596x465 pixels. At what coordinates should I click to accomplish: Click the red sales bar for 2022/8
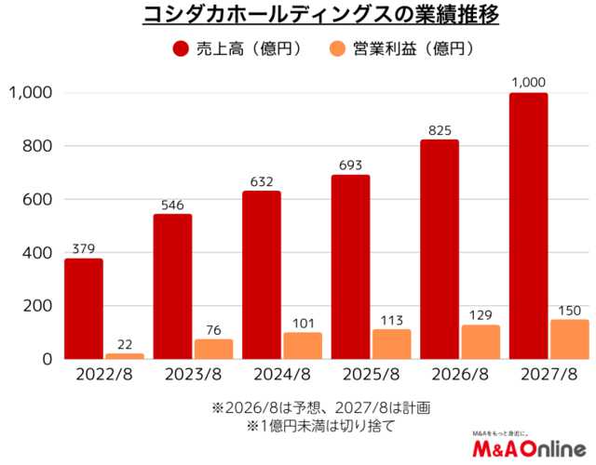(84, 309)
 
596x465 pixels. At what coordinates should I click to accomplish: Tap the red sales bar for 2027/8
(529, 226)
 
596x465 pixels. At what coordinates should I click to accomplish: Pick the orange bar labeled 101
(303, 345)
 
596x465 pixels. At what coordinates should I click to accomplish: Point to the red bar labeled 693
(351, 267)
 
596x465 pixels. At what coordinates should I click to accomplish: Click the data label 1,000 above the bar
(529, 83)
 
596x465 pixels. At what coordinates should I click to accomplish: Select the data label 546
(172, 204)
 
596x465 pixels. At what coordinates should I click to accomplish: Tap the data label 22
(124, 343)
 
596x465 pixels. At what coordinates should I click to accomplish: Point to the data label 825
(440, 129)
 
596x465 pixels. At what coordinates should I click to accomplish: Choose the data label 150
(569, 310)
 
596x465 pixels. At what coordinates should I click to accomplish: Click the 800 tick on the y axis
(36, 146)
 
